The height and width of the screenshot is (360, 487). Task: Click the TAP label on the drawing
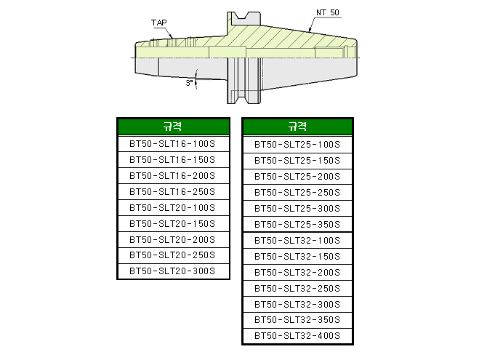158,23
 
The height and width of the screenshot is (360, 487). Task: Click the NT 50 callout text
327,13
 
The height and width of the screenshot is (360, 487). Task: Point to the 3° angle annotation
189,83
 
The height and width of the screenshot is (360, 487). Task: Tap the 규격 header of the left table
173,127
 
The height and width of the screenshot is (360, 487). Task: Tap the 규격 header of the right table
297,127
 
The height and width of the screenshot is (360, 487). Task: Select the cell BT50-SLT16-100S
173,144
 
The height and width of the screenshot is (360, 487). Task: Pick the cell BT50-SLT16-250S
173,191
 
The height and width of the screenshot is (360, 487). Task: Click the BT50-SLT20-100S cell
173,208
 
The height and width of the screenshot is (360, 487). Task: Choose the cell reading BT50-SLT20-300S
173,271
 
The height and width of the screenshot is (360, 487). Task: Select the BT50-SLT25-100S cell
297,145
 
